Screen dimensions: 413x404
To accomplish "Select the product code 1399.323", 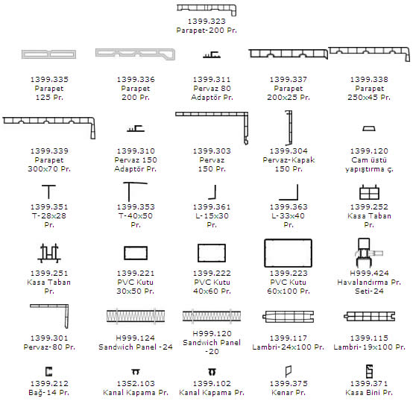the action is [x=206, y=21].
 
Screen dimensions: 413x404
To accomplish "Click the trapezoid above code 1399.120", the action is [x=369, y=128].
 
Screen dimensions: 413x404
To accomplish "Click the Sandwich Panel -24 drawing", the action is [x=136, y=315].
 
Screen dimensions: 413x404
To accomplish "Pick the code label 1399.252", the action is [x=369, y=206].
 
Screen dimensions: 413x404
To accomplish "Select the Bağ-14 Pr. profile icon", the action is [x=48, y=371].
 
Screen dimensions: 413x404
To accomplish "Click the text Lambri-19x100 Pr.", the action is [x=369, y=347].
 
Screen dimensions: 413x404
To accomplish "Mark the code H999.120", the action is [x=212, y=333].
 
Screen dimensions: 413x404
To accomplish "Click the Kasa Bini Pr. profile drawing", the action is [x=369, y=370].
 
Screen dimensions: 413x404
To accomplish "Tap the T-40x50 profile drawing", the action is [x=129, y=192].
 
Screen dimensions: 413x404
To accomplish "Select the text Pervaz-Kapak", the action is [x=289, y=160].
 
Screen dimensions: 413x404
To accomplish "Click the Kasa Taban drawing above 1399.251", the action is [x=49, y=253].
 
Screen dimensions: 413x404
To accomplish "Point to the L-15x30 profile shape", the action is [x=215, y=192].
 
